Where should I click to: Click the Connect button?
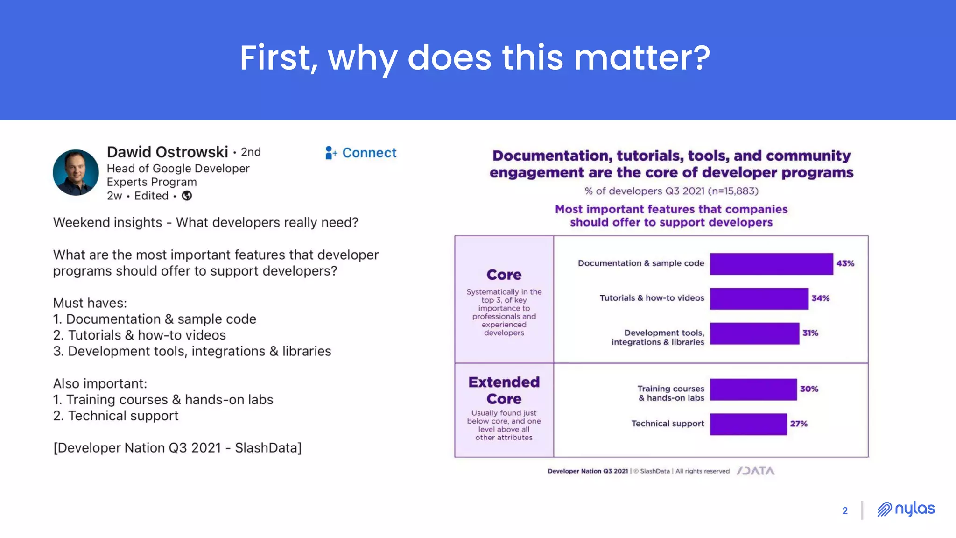(x=361, y=153)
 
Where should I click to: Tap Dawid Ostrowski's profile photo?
(x=76, y=172)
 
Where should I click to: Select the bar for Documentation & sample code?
(x=771, y=264)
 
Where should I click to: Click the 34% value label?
(x=820, y=298)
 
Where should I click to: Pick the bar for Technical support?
(x=748, y=424)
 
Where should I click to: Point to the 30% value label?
(x=809, y=389)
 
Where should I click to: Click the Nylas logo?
(x=906, y=509)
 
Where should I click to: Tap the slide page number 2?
(x=845, y=510)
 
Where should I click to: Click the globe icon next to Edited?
(x=187, y=196)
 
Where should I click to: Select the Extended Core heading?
(x=504, y=390)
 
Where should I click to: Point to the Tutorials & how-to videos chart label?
(x=652, y=298)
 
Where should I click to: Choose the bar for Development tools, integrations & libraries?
(x=754, y=333)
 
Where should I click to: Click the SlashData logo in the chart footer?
(x=755, y=471)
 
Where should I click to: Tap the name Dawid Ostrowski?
(x=167, y=152)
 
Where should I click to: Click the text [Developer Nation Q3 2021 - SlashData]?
(x=177, y=448)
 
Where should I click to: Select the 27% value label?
(x=799, y=424)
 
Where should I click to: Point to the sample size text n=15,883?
(x=733, y=191)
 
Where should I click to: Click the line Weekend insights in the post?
(x=205, y=222)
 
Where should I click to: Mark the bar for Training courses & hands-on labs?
(x=753, y=389)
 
